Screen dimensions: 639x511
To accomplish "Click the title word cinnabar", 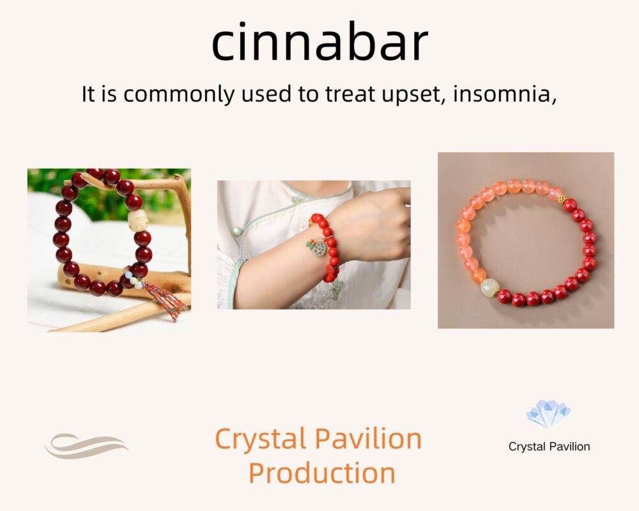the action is click(x=320, y=42).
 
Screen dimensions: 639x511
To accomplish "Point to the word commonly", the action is click(x=179, y=95).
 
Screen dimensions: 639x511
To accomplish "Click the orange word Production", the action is click(x=322, y=473).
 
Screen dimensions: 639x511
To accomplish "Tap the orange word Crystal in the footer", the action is click(x=261, y=439).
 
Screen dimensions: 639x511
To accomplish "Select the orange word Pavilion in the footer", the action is click(x=369, y=438).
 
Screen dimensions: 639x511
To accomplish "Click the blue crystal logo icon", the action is click(x=548, y=414).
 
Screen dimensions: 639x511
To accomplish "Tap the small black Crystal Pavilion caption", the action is click(x=549, y=446).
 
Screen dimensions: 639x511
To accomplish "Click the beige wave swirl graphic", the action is click(x=86, y=446).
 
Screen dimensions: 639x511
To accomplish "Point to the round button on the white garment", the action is click(x=237, y=233).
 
